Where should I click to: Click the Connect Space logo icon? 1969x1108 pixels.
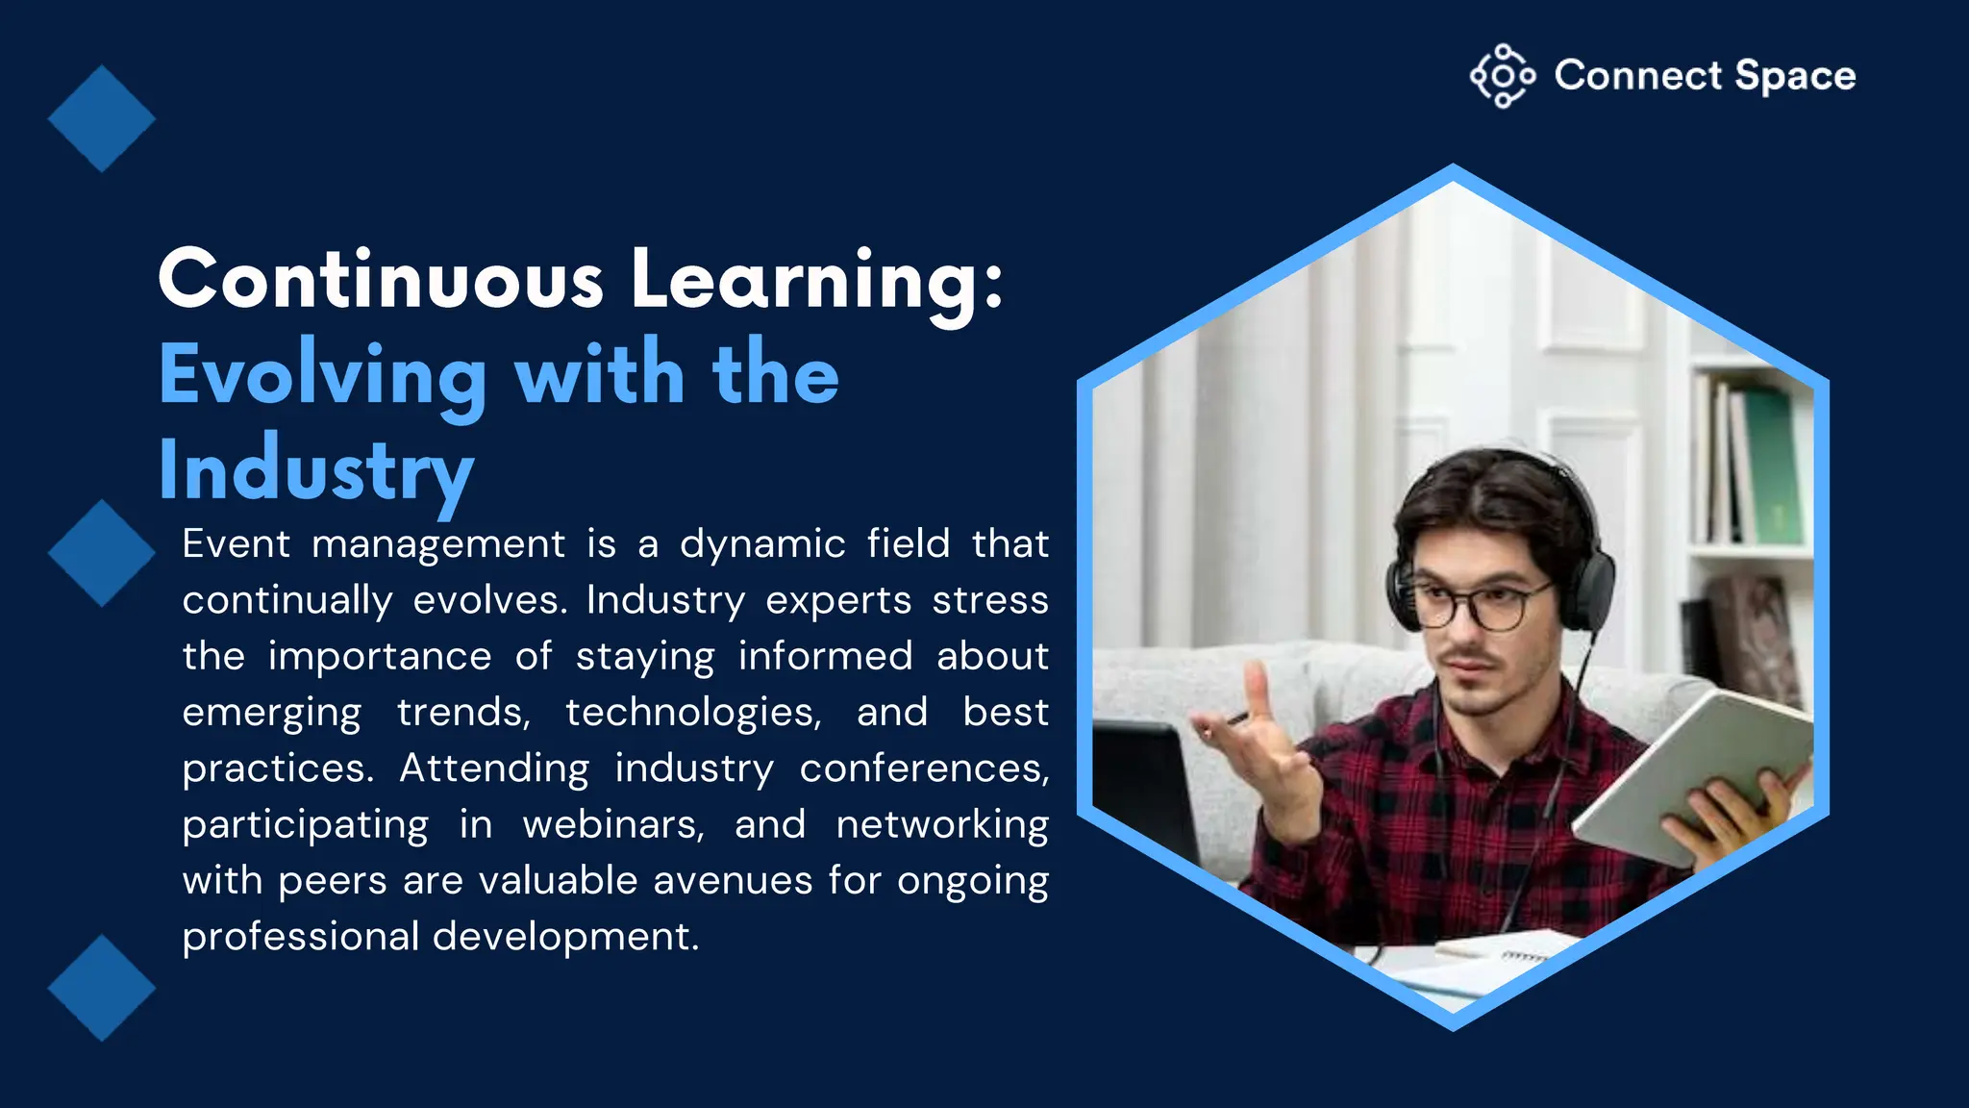[1502, 75]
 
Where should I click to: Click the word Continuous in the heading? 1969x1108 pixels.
[381, 280]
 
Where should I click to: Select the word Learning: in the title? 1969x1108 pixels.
[816, 280]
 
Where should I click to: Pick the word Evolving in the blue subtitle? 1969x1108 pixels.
[323, 376]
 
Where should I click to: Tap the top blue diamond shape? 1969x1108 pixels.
[101, 118]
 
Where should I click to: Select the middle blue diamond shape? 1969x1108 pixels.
[101, 553]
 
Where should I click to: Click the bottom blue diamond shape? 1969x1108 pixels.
[101, 988]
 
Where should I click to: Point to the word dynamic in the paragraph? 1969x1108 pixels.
[762, 544]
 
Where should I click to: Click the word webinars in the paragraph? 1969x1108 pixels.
[613, 825]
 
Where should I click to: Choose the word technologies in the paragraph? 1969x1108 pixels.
[693, 713]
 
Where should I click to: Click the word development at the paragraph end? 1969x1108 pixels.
[565, 937]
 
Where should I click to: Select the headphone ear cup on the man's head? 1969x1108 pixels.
[1596, 587]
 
